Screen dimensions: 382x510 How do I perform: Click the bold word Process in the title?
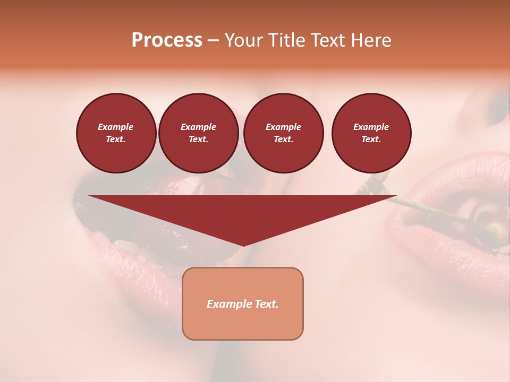(167, 40)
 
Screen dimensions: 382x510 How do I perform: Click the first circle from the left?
(116, 133)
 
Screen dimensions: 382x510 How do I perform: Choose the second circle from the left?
(198, 133)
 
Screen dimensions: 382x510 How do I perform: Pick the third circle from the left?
(283, 133)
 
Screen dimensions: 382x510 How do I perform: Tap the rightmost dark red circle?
(371, 133)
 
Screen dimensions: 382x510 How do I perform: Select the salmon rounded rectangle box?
(243, 303)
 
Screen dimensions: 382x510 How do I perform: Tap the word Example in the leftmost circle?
(116, 127)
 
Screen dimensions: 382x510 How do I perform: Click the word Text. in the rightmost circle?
(371, 139)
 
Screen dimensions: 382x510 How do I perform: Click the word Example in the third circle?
(283, 127)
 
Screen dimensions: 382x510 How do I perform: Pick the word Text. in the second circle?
(198, 139)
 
